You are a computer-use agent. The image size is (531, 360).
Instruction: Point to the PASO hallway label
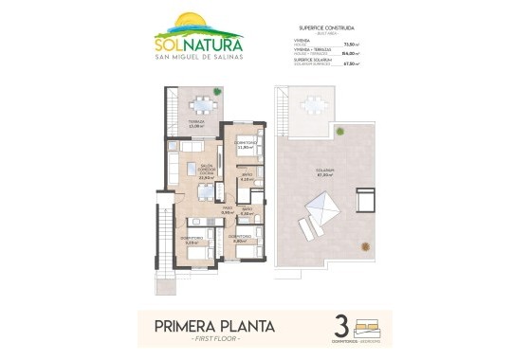[x=228, y=210]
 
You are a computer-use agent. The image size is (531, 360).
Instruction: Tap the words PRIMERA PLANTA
[x=214, y=327]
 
